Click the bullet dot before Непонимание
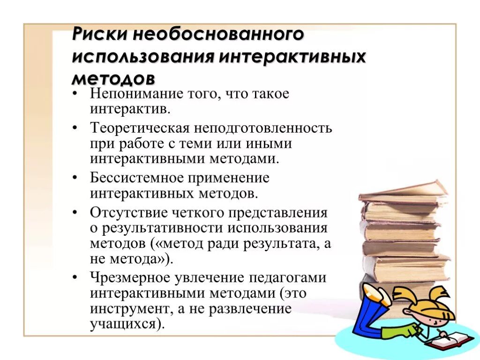75,94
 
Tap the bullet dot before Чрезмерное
75,277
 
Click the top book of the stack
403,190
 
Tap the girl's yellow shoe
377,295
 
